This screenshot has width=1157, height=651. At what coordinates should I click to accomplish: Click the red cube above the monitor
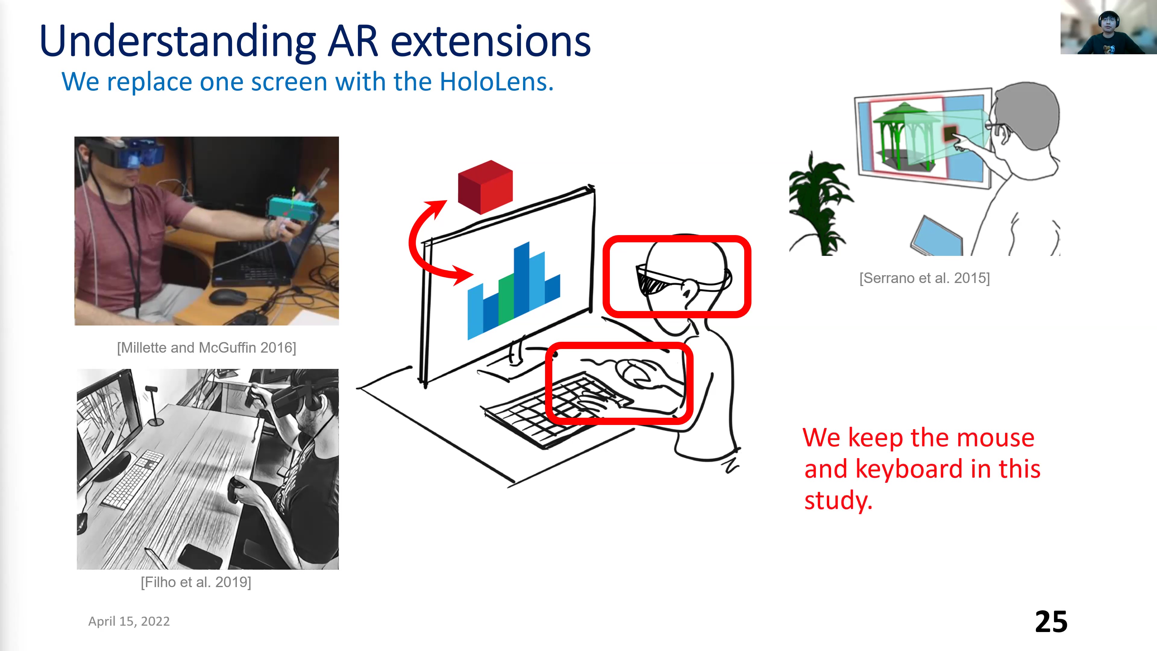pos(485,187)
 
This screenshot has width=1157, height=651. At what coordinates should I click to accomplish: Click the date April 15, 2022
pos(129,621)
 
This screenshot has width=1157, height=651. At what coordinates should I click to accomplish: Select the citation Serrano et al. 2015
pos(924,278)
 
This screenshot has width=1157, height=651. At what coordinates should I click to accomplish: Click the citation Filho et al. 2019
pos(196,582)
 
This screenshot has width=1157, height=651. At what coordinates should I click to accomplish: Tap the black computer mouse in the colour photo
pos(228,296)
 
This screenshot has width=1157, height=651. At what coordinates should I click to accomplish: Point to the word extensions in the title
pos(491,41)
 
